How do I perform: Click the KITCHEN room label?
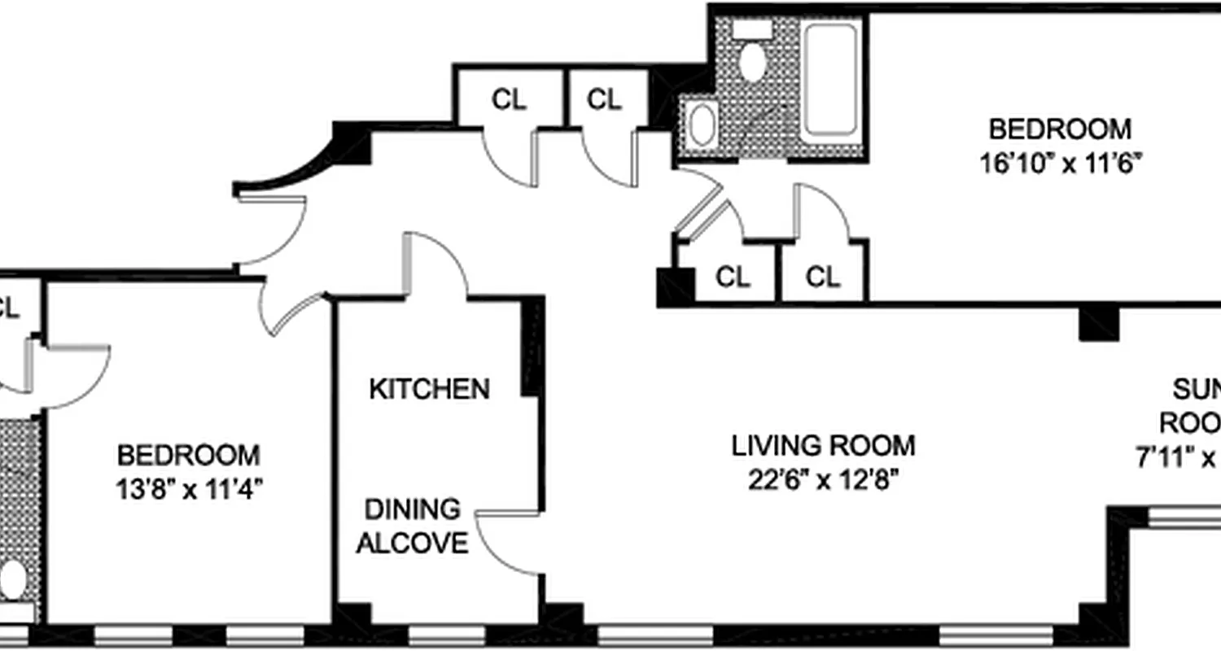429,389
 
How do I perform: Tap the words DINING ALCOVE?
412,526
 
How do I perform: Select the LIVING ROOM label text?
823,446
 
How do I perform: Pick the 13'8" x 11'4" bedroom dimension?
189,489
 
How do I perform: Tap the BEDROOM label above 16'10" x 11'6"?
1059,129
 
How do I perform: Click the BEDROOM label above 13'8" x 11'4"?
189,454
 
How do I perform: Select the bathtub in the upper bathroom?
830,79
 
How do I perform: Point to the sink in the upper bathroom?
701,124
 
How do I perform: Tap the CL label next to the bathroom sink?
603,99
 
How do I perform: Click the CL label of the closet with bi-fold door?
732,277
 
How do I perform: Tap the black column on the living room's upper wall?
1098,323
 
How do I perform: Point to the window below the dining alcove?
434,635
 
